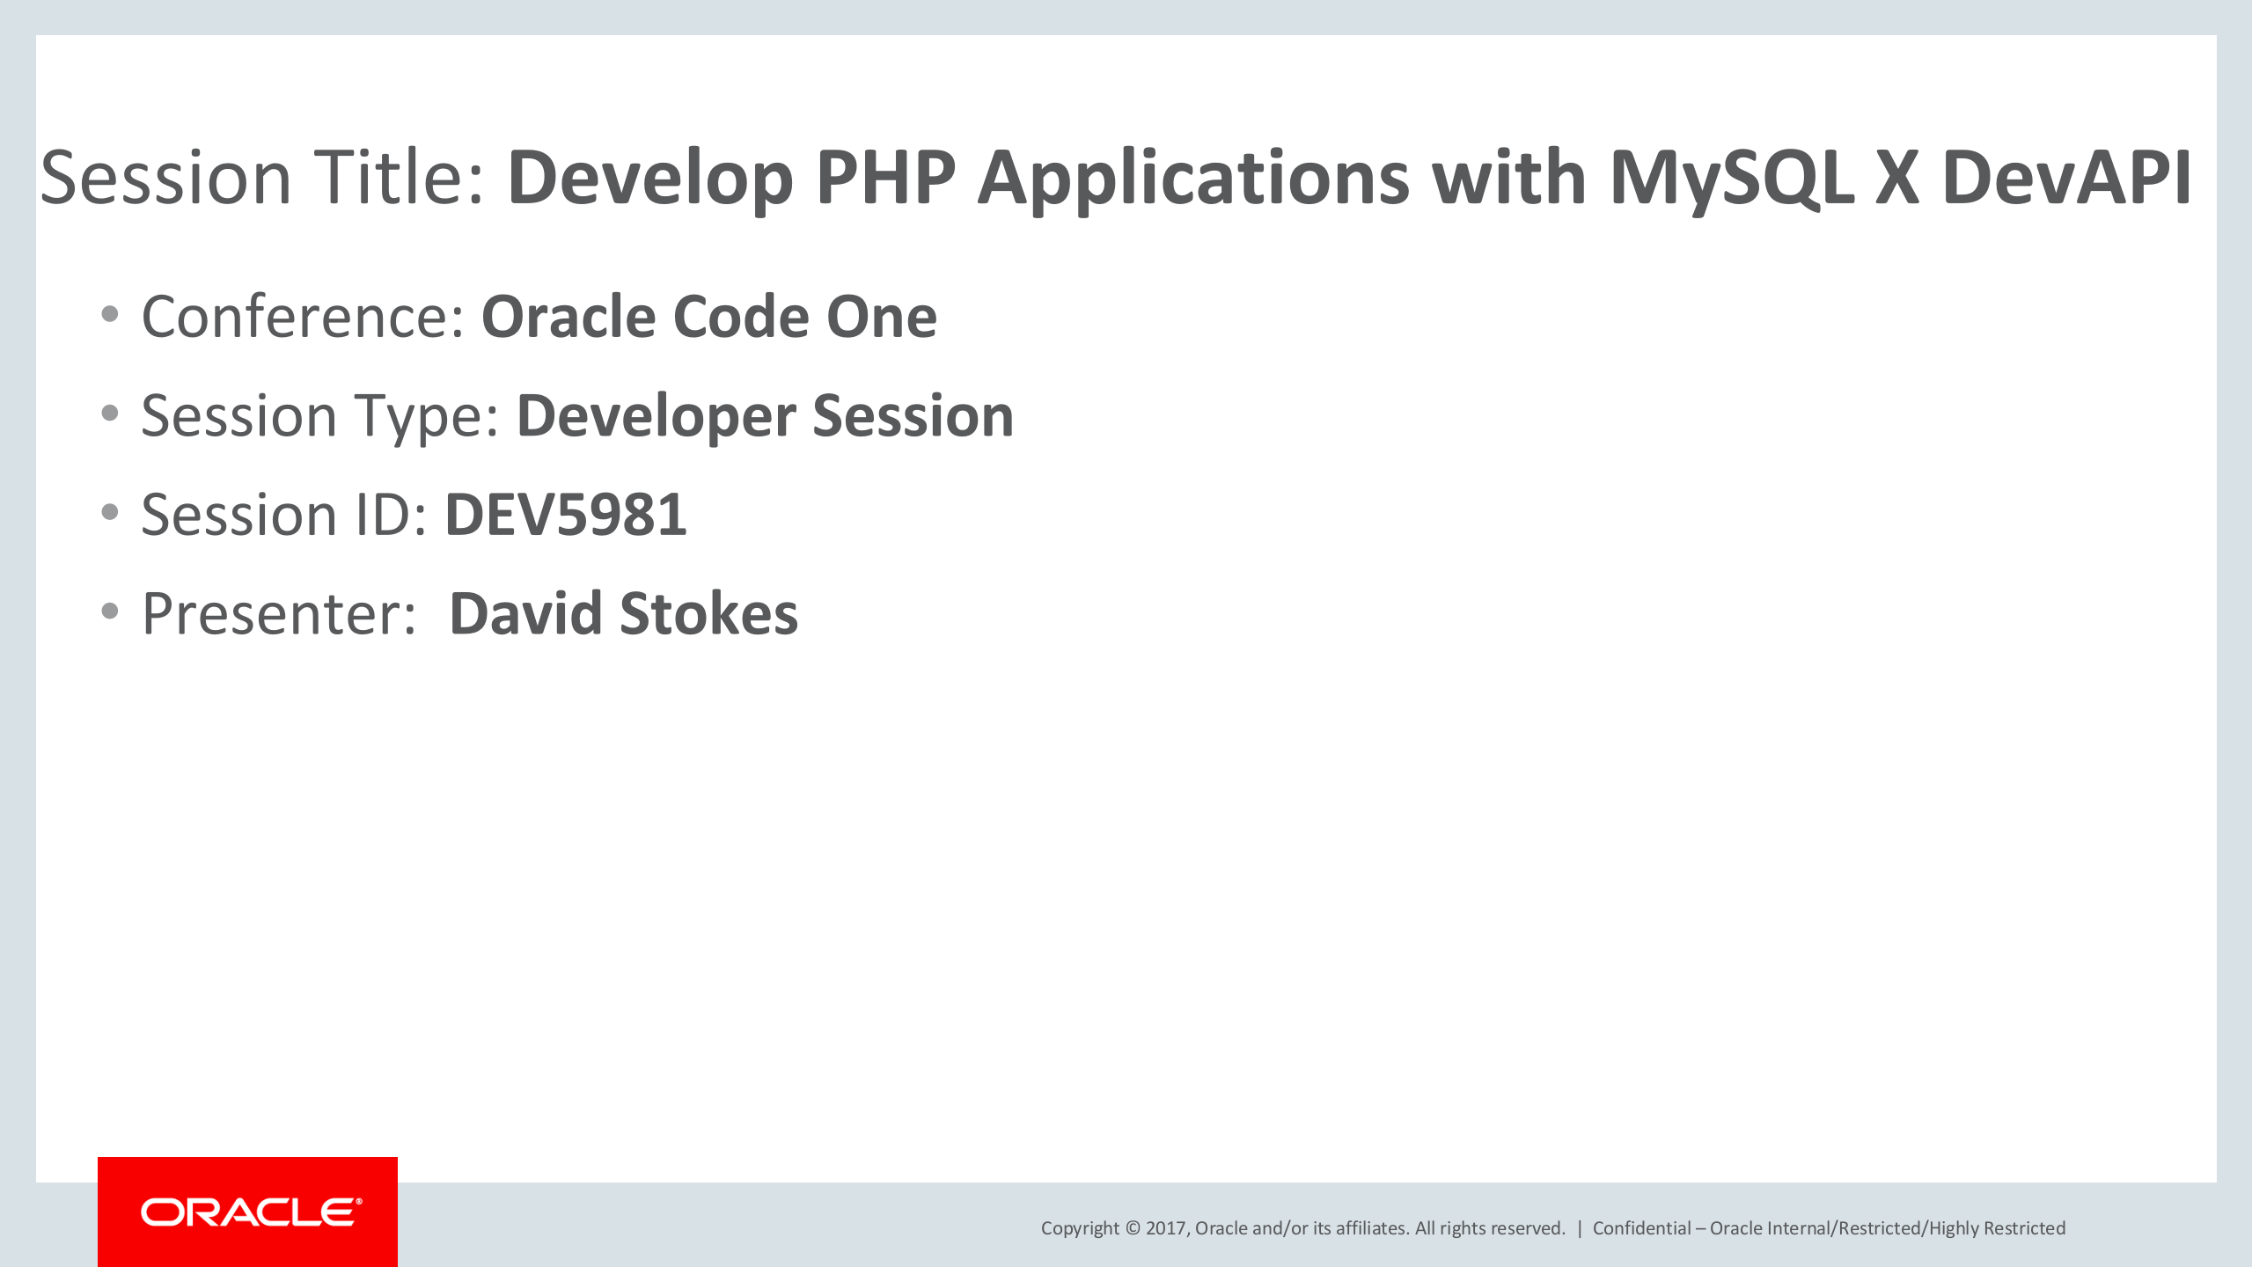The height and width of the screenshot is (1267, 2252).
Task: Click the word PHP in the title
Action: coord(885,178)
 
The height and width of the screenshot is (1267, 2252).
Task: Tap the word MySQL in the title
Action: coord(1731,178)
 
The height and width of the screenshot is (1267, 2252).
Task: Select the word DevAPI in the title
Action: coord(2065,178)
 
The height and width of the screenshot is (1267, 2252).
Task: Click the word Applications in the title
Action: coord(1193,178)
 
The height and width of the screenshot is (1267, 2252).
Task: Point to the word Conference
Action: coord(302,317)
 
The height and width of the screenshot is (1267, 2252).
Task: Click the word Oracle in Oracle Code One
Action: coord(569,317)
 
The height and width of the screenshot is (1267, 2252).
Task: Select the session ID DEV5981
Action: coord(566,515)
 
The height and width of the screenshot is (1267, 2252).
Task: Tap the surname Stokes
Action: coord(709,614)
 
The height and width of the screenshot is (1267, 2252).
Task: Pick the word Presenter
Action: coord(278,614)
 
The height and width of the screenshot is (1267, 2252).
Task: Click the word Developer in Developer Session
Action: coord(655,416)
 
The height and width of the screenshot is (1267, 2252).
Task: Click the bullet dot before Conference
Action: coord(110,315)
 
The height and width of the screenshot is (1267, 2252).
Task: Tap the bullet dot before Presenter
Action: coord(110,611)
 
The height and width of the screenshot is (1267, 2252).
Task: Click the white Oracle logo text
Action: coord(251,1212)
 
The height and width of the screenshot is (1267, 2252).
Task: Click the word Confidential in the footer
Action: coord(1641,1228)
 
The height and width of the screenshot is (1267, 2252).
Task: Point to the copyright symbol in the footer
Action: coord(1133,1228)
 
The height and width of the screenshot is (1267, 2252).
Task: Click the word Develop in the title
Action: coord(650,178)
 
